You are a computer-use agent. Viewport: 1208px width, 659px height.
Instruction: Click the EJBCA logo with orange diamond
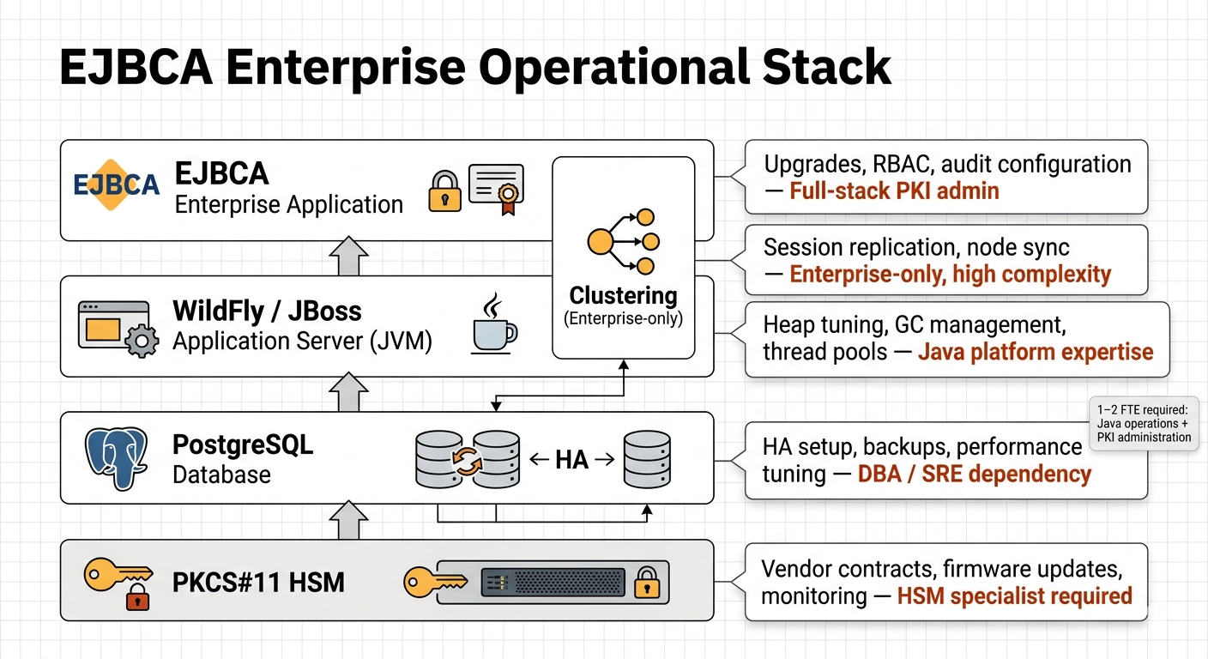pos(116,185)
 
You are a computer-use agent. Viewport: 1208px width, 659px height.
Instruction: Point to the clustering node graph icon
pos(623,241)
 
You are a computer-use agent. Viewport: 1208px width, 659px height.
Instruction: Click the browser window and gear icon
pos(118,327)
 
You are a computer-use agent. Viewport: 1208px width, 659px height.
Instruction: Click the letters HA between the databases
pos(572,459)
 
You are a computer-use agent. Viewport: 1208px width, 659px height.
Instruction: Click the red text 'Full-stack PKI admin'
pos(894,190)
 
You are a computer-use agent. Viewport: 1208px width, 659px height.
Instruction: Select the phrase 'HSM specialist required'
pos(1014,595)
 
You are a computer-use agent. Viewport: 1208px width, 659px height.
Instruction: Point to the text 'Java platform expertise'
pos(1036,352)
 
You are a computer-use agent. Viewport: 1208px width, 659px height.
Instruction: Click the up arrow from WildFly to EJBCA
pos(348,256)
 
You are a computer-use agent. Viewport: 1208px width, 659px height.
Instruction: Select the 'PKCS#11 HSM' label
pos(258,583)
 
